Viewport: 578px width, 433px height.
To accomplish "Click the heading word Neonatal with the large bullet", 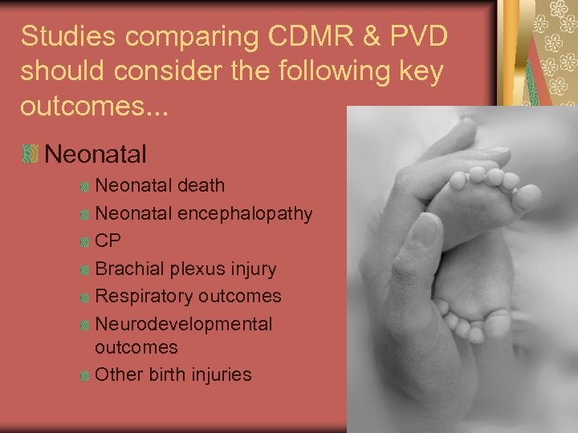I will coord(96,152).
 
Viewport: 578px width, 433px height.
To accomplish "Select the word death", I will coord(201,185).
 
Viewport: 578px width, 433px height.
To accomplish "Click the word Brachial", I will coord(126,269).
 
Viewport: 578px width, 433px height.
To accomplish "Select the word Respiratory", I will coord(144,296).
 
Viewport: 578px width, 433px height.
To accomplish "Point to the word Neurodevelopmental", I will coord(184,324).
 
